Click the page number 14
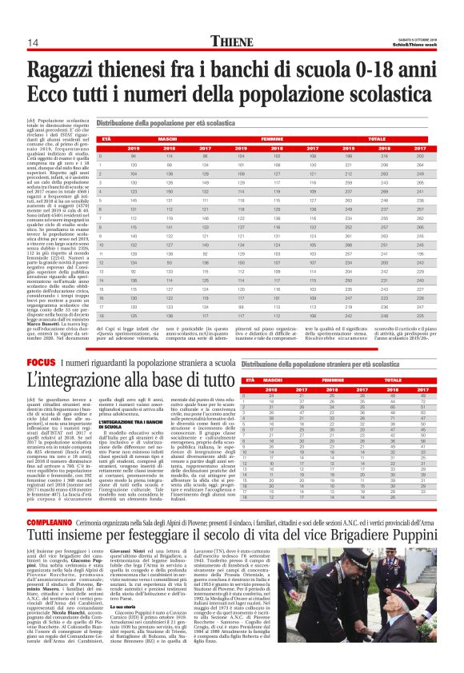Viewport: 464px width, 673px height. tap(33, 42)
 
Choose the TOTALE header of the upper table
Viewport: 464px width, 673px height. tap(393, 139)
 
